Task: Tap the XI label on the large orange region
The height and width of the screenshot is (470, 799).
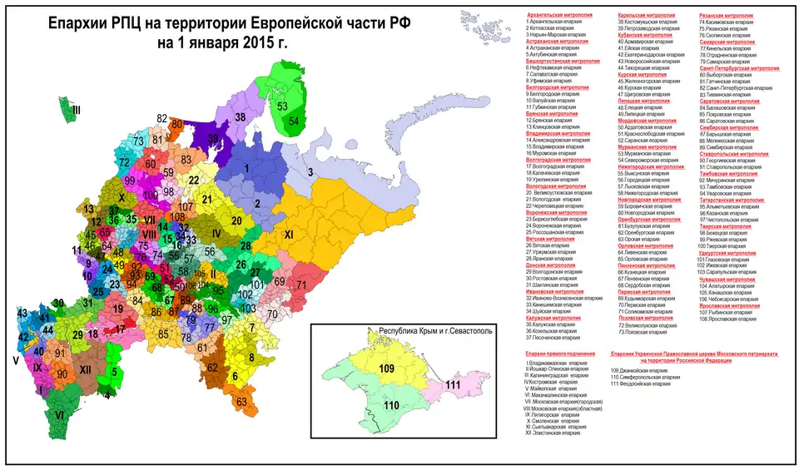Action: point(290,235)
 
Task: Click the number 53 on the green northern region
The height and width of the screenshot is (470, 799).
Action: point(283,106)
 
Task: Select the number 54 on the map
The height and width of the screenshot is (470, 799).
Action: point(294,121)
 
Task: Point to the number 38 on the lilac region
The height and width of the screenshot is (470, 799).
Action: point(241,118)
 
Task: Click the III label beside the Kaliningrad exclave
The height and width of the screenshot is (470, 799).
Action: point(76,110)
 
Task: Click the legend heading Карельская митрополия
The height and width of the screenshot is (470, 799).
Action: point(645,15)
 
